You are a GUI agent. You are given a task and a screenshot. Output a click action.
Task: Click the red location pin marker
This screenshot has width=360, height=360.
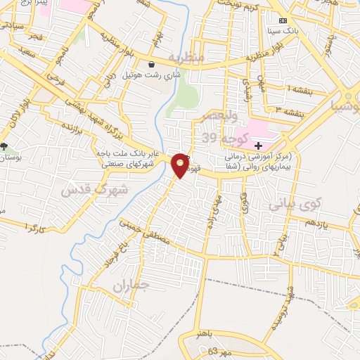coord(181,165)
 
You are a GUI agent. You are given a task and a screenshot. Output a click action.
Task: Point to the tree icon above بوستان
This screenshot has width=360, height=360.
coord(5,147)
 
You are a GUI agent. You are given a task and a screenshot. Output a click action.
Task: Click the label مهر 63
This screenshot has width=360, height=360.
coord(209,349)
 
